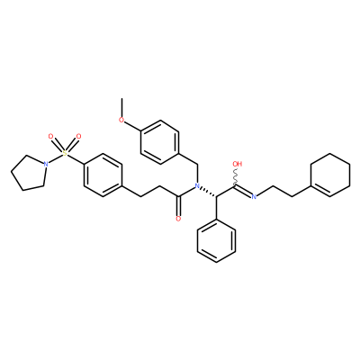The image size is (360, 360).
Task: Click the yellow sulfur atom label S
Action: point(65,153)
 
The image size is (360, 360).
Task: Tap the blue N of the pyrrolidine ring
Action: point(46,164)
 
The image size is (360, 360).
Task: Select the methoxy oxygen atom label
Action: point(121,120)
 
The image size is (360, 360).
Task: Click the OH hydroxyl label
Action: point(238,164)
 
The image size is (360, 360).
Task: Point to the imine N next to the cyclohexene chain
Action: point(254,197)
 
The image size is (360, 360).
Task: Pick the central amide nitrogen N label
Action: point(197,186)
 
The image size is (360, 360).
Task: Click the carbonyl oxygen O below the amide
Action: point(178,219)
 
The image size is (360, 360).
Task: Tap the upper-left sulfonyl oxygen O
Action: point(51,137)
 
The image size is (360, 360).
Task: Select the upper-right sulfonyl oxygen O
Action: point(78,137)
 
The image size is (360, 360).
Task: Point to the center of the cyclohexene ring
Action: point(330,175)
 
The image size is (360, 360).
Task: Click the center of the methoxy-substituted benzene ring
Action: point(159,142)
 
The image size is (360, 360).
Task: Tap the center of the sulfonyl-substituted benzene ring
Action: point(103,175)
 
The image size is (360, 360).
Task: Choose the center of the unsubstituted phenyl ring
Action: point(216,241)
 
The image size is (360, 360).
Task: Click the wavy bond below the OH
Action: point(236,177)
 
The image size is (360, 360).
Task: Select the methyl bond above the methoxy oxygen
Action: point(121,107)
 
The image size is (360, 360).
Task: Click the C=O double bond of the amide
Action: point(179,206)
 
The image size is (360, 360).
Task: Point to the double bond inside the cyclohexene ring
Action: point(320,191)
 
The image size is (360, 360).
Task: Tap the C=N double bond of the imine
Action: point(243,192)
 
